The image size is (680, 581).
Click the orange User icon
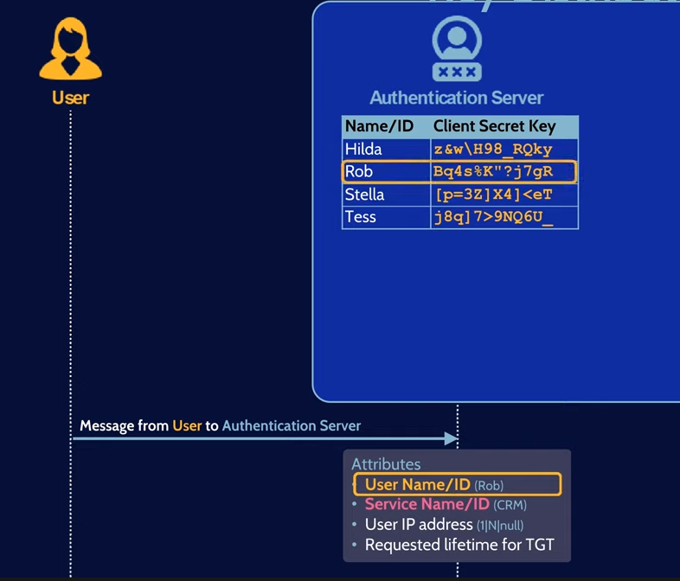coord(70,51)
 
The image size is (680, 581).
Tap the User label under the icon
coord(70,98)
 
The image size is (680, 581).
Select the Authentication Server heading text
coord(457,98)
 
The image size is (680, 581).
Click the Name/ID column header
coord(379,127)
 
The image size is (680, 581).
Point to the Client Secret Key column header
coord(494,127)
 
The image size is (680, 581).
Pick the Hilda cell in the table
coord(363,150)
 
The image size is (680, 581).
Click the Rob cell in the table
coord(359,172)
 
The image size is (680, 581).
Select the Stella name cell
coord(365,195)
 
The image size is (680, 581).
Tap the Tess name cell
coord(361,217)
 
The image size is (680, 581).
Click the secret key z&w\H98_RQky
coord(493,150)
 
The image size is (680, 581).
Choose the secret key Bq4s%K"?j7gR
coord(493,172)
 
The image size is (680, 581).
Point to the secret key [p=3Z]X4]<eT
coord(494,195)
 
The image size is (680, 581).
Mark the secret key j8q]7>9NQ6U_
coord(493,217)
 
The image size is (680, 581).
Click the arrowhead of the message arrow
coord(451,438)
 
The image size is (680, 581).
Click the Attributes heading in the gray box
coord(386,464)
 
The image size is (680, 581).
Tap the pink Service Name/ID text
coord(427,505)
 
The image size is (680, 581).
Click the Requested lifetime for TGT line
coord(459,546)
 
